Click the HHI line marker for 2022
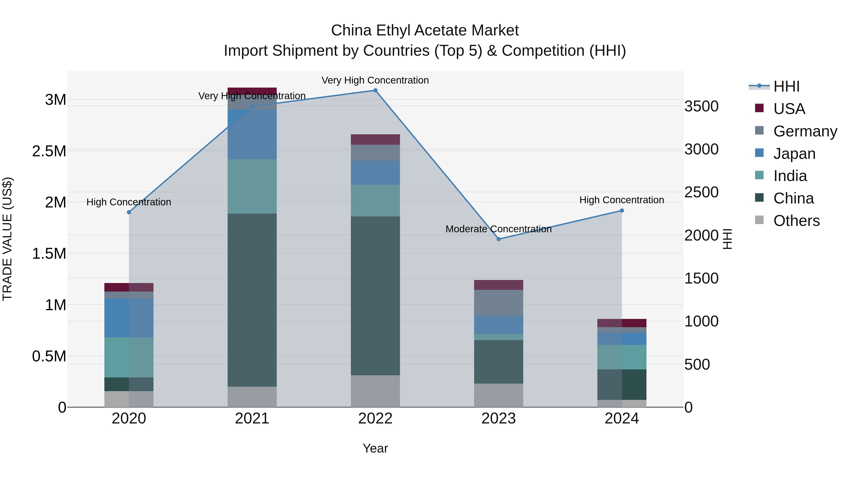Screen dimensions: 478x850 pos(375,90)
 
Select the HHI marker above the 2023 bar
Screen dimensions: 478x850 pos(499,239)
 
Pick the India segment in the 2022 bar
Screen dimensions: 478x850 pos(375,201)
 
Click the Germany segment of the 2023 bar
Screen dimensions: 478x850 pos(499,303)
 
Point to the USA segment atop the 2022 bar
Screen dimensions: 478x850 pos(375,140)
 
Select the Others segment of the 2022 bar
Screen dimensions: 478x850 pos(375,391)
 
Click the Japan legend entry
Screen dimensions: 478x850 pos(794,154)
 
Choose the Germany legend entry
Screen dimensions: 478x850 pos(805,131)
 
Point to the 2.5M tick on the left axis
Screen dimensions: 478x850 pos(49,151)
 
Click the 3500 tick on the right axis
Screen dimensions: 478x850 pos(701,106)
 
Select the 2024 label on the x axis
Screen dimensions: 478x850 pos(622,419)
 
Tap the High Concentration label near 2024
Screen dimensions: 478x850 pos(622,200)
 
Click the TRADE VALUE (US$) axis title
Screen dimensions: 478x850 pos(7,239)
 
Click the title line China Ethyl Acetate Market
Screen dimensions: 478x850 pos(425,30)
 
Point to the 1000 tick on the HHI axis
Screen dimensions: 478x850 pos(701,321)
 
